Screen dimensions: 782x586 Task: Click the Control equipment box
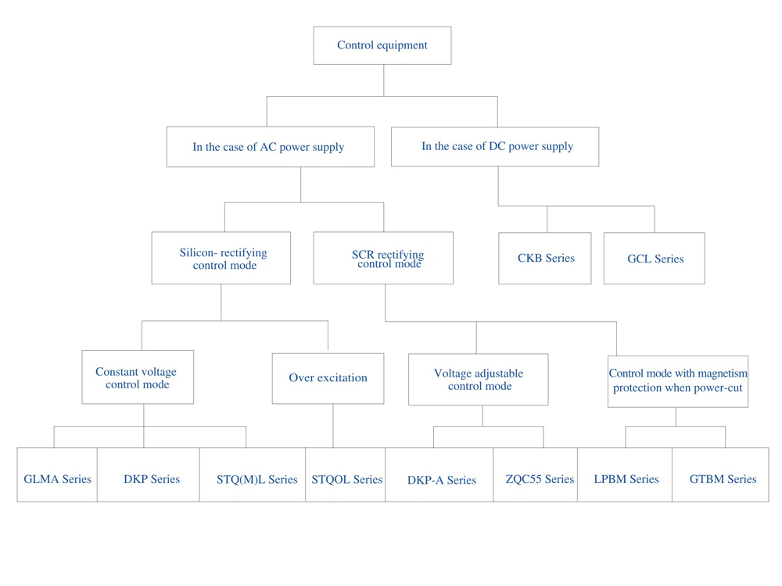(382, 45)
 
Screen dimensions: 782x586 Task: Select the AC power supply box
(271, 147)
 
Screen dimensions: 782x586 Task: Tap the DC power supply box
(495, 147)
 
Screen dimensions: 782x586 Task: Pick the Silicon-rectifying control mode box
(221, 258)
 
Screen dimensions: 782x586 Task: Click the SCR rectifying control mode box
(383, 258)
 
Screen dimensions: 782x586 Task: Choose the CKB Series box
(545, 258)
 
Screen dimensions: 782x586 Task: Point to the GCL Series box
(655, 258)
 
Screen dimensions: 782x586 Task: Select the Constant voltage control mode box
(138, 377)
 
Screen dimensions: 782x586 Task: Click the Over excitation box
(328, 379)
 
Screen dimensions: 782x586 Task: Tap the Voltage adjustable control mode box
(479, 380)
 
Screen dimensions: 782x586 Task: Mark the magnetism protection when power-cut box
(678, 382)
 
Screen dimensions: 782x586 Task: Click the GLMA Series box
(57, 474)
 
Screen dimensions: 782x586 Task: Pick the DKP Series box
(149, 474)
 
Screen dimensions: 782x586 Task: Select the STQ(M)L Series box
(253, 474)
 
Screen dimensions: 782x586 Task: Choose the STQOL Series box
(345, 474)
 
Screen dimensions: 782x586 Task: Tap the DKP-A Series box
(439, 474)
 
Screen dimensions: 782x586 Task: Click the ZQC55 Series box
(536, 474)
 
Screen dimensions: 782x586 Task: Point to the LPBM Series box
(625, 474)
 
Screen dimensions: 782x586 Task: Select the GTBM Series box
(721, 474)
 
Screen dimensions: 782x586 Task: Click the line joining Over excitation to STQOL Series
(333, 426)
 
